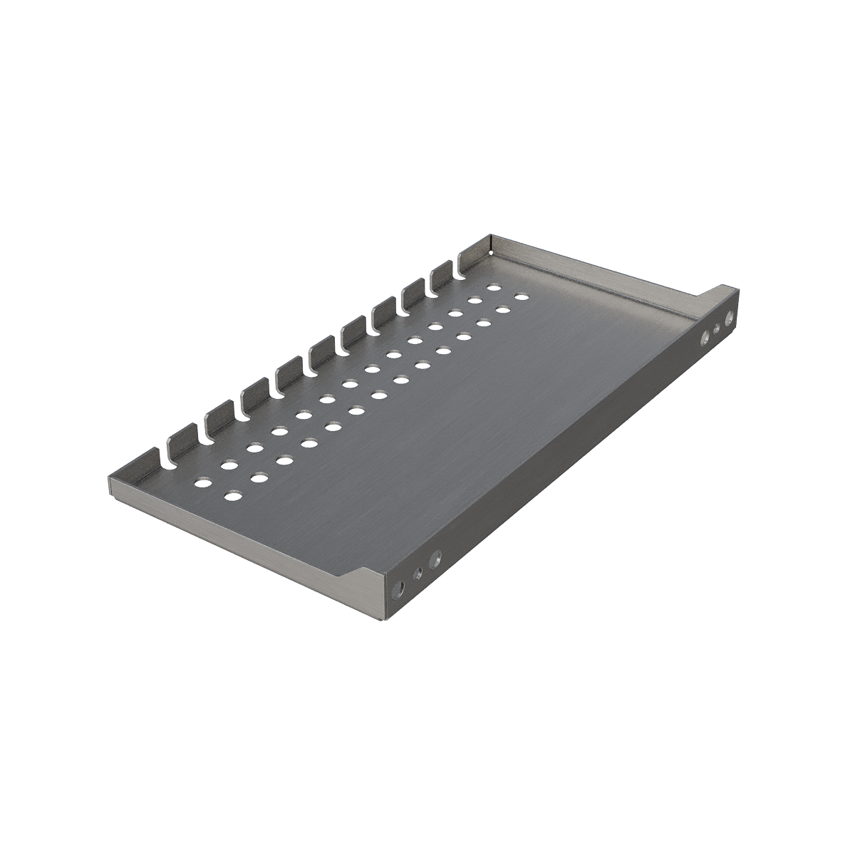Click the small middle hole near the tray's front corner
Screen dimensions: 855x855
(x=418, y=573)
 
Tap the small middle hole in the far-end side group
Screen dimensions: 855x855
(x=717, y=328)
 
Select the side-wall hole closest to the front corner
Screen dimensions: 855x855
(x=399, y=590)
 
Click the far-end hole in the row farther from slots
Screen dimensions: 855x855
(x=521, y=296)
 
